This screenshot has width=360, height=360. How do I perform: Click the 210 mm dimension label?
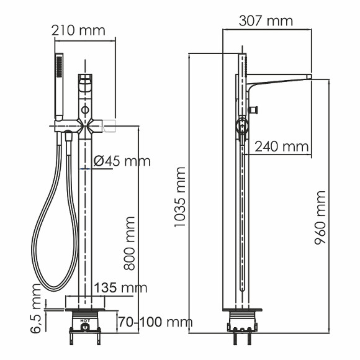coord(79,30)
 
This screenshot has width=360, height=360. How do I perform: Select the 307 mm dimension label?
coord(266,20)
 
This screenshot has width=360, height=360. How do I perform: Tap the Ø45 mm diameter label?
coord(122,161)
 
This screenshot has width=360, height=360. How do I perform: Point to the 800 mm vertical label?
coord(130,243)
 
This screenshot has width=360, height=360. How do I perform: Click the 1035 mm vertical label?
coord(180,196)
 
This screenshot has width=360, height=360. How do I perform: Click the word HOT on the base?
coord(84,322)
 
